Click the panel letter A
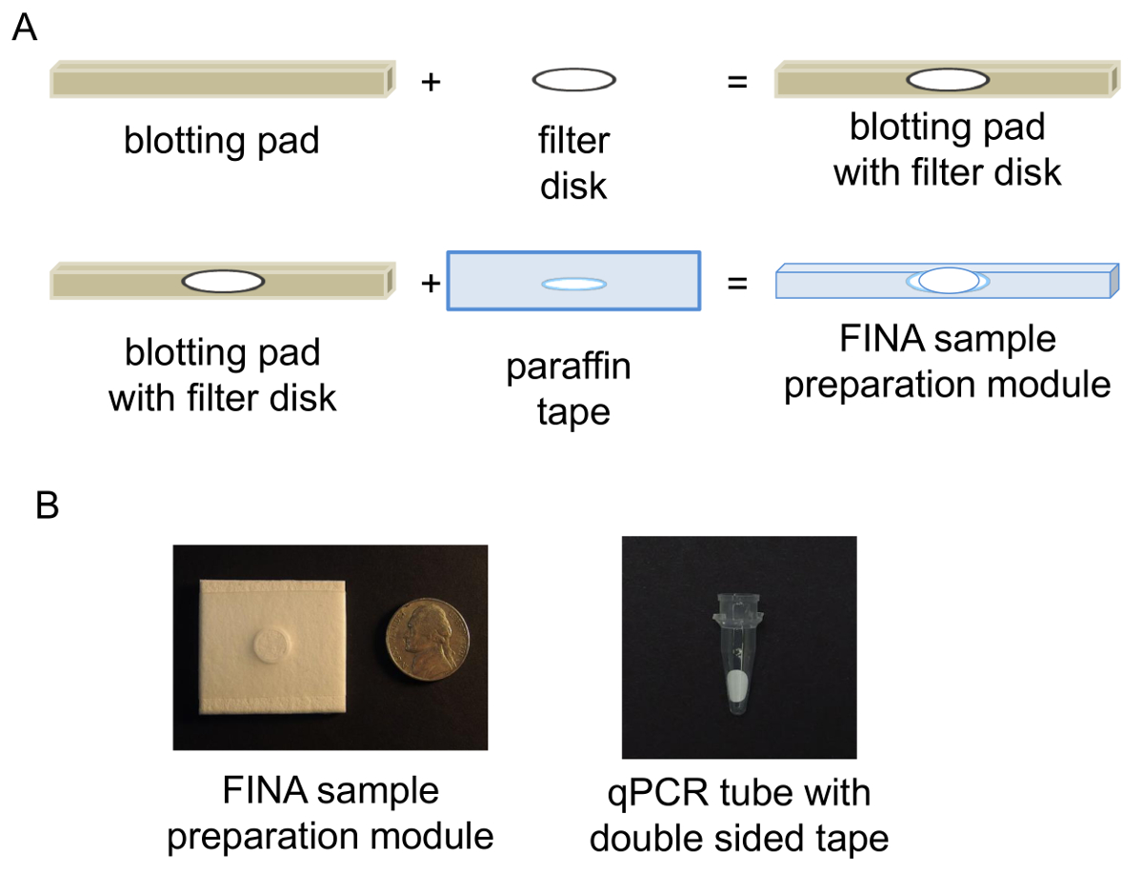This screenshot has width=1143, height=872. (25, 29)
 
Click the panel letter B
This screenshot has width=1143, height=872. (47, 505)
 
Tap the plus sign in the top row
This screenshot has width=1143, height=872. (431, 82)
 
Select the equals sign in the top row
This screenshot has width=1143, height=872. (736, 82)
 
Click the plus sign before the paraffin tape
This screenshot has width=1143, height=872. (431, 283)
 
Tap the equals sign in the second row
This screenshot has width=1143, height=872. (736, 283)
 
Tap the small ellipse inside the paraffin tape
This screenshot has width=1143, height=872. (573, 284)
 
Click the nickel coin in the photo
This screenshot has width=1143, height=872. (427, 647)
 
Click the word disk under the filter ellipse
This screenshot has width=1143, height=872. (573, 185)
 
